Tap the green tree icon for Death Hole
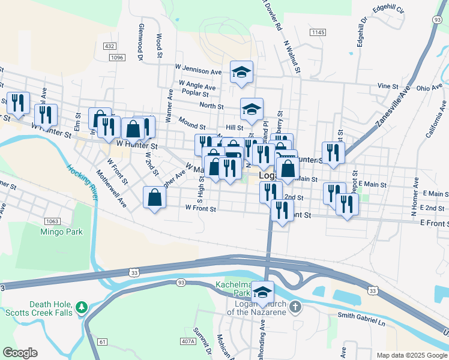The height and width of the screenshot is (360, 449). pyautogui.click(x=82, y=308)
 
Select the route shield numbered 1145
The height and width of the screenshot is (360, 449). pyautogui.click(x=318, y=32)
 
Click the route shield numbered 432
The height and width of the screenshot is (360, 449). pyautogui.click(x=109, y=46)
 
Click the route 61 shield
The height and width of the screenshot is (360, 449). pyautogui.click(x=103, y=341)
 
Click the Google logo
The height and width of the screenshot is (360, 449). pyautogui.click(x=20, y=353)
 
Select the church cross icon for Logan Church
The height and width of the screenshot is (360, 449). pyautogui.click(x=294, y=307)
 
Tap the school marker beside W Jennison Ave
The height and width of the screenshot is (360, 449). pyautogui.click(x=242, y=72)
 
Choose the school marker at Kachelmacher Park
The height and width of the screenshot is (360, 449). pyautogui.click(x=262, y=292)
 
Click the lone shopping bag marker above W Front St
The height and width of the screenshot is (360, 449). pyautogui.click(x=155, y=197)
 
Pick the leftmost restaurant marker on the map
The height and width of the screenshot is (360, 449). pyautogui.click(x=17, y=103)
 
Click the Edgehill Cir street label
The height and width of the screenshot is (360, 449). pyautogui.click(x=388, y=10)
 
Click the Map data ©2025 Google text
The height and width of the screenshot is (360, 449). pyautogui.click(x=408, y=355)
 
